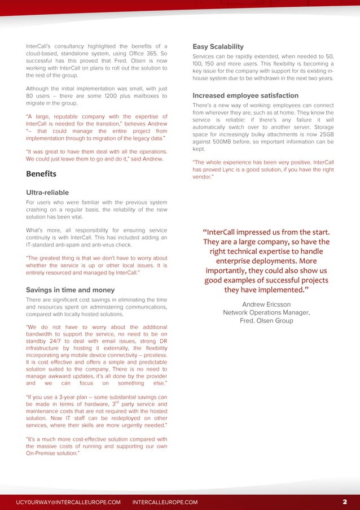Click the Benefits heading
(x=41, y=173)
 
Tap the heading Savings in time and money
(x=71, y=290)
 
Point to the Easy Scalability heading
(x=218, y=46)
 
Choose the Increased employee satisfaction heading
(x=245, y=95)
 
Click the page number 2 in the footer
(x=344, y=502)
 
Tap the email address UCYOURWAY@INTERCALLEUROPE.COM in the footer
(x=68, y=502)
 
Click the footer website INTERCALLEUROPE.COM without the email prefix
(x=165, y=502)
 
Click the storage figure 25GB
(x=325, y=134)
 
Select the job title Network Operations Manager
(x=266, y=312)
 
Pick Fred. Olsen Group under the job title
(x=266, y=321)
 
